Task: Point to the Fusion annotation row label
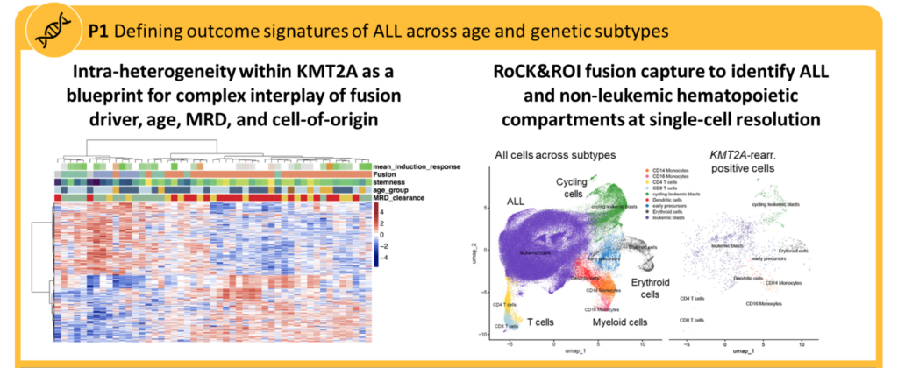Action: click(x=386, y=173)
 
